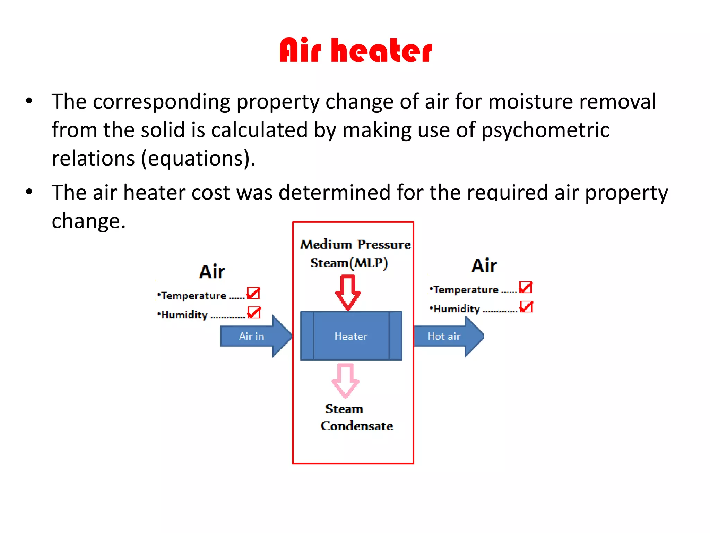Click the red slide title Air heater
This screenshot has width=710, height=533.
click(356, 51)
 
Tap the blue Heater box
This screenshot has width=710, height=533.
click(351, 336)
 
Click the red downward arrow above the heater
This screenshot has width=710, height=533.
click(348, 292)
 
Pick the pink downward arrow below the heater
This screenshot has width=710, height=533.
click(345, 380)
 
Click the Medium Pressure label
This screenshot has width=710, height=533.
click(355, 244)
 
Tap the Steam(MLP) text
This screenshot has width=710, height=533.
click(349, 263)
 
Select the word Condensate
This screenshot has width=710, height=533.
click(357, 426)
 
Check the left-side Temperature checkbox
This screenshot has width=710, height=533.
click(253, 294)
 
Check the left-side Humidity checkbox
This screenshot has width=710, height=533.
click(254, 313)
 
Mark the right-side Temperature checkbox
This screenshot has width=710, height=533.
click(526, 288)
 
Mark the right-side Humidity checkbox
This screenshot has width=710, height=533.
click(526, 307)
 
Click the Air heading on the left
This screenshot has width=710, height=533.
click(212, 272)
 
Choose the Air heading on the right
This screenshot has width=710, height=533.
click(484, 266)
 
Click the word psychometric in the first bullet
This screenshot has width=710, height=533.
click(545, 130)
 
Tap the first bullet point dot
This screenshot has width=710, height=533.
click(29, 101)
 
